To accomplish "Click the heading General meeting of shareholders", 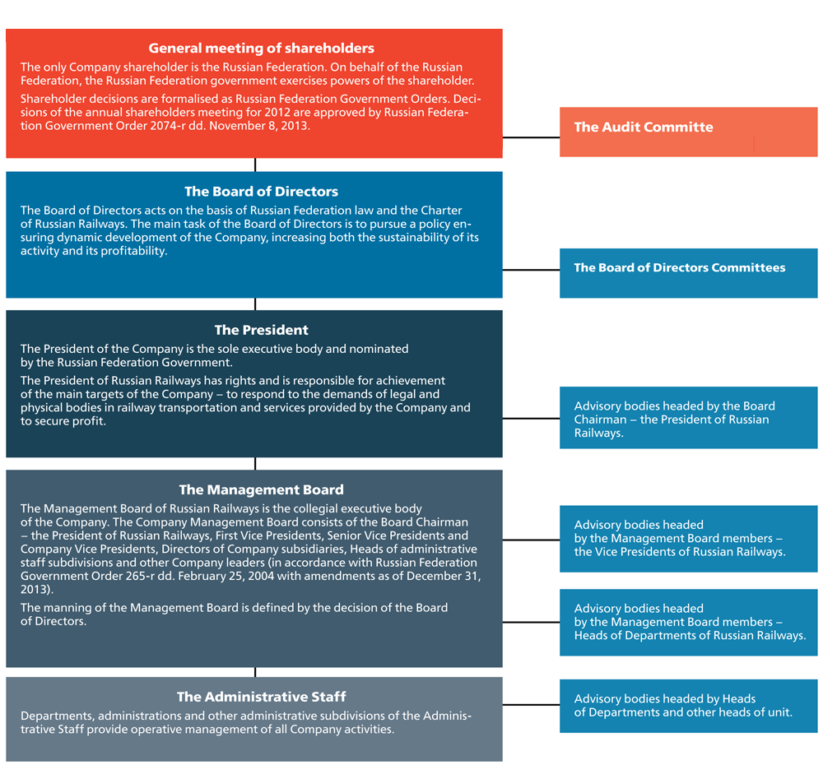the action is pyautogui.click(x=261, y=49).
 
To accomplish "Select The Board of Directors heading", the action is pyautogui.click(x=261, y=192).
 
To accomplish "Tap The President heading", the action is pyautogui.click(x=261, y=330).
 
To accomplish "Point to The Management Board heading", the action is pyautogui.click(x=261, y=489).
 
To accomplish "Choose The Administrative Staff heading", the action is pyautogui.click(x=261, y=697).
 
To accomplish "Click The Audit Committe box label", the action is pyautogui.click(x=644, y=127).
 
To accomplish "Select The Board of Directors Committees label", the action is pyautogui.click(x=680, y=267).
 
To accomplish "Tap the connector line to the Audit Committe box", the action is pyautogui.click(x=531, y=137).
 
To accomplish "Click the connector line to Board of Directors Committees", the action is pyautogui.click(x=531, y=270).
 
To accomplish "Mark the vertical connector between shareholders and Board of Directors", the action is pyautogui.click(x=255, y=165).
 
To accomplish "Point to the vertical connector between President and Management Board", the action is pyautogui.click(x=255, y=463).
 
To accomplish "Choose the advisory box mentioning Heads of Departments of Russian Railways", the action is pyautogui.click(x=689, y=623).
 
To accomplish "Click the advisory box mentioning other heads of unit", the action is pyautogui.click(x=689, y=706).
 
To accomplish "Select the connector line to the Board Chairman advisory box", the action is pyautogui.click(x=531, y=419).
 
